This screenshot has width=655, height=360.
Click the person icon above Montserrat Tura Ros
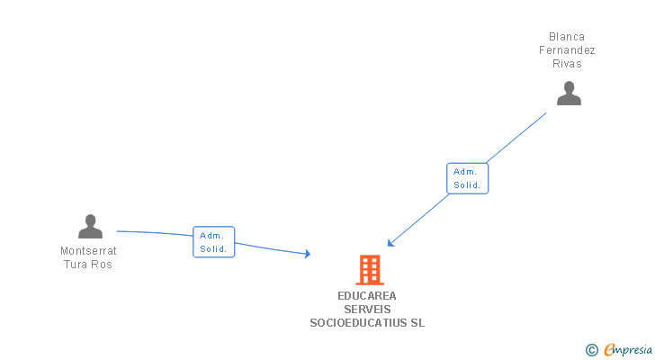pos(90,226)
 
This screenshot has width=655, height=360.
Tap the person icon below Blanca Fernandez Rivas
pos(569,94)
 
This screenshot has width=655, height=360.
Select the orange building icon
pos(369,270)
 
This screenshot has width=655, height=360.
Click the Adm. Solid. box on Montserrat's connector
pos(213,242)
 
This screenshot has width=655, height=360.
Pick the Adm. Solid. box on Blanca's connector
pos(467,178)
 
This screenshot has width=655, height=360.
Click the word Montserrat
pos(88,251)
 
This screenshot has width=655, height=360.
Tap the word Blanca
pos(567,37)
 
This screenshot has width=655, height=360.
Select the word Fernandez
pos(567,50)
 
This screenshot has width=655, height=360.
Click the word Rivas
pos(567,64)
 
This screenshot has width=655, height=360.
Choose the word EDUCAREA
pos(367,295)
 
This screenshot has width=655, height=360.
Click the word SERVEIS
pos(367,309)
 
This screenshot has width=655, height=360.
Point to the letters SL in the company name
pos(417,322)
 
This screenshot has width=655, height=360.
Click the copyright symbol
pos(592,349)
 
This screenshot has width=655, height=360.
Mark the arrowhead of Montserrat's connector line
pos(308,256)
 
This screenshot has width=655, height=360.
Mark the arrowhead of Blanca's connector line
pos(390,243)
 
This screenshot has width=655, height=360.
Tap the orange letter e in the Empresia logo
pos(609,349)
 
